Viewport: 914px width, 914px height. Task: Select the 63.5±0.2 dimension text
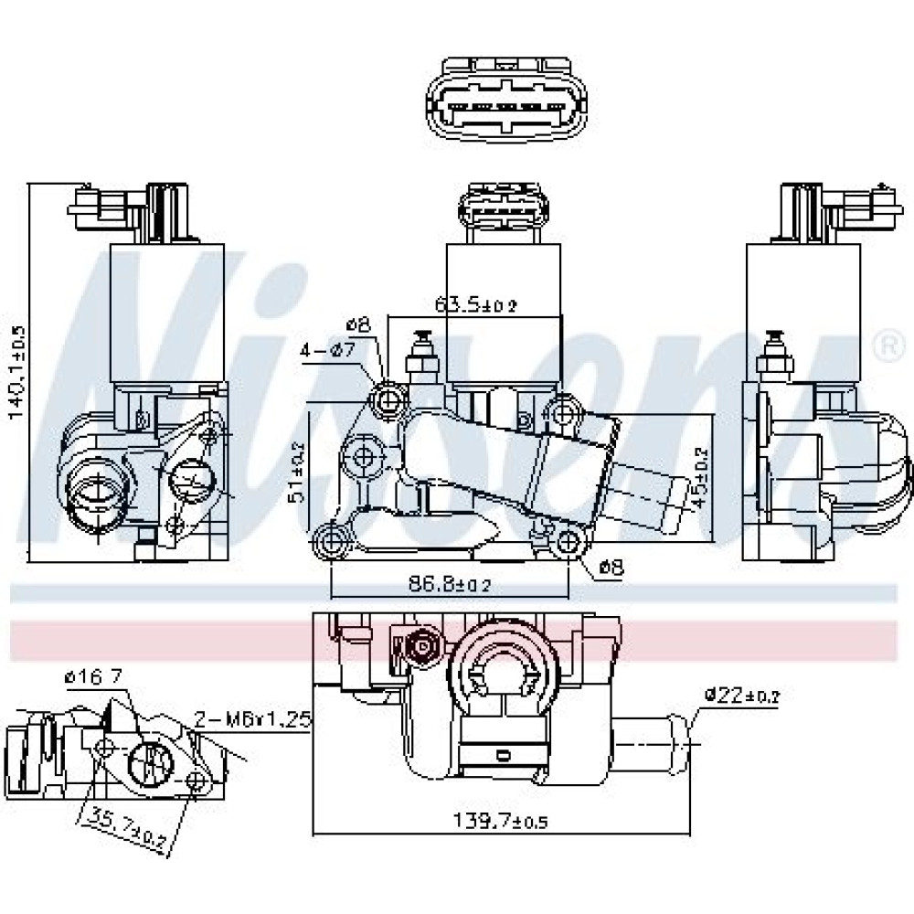tap(475, 305)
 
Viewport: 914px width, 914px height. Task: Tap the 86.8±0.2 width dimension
tap(450, 584)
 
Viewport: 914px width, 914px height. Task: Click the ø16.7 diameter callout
tap(94, 677)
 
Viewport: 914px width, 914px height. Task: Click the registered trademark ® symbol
tap(885, 343)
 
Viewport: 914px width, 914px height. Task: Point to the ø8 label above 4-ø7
tap(358, 324)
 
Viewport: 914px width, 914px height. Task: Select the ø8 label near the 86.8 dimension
tap(610, 568)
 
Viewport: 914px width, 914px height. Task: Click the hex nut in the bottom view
tap(422, 648)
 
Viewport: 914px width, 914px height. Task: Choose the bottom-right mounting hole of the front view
tap(569, 542)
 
